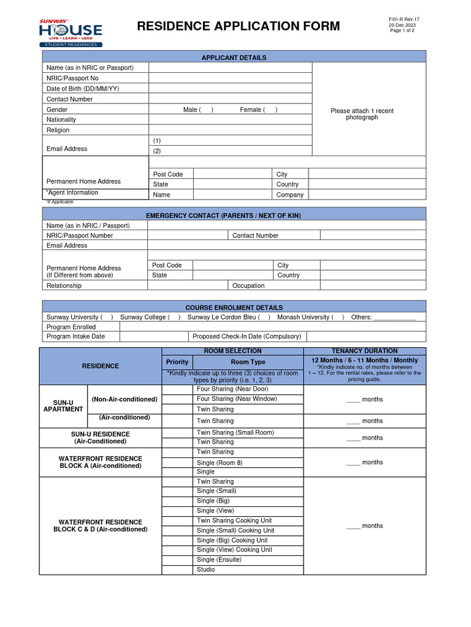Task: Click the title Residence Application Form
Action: point(238,26)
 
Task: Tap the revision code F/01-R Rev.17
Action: point(404,20)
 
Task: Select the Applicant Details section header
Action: point(234,58)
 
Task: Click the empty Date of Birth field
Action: point(230,89)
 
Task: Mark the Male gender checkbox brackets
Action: point(206,110)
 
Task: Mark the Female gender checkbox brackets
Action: point(270,110)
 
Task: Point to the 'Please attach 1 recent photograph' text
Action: point(362,114)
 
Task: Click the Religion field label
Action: point(58,130)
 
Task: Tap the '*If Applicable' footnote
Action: point(60,201)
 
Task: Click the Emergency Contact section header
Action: point(232,216)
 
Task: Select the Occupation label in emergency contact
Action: point(248,285)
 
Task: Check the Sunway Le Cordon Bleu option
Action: point(228,317)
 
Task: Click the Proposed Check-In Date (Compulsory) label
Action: point(247,336)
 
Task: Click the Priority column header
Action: point(177,362)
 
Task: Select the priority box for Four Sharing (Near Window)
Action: point(177,399)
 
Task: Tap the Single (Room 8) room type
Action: point(220,462)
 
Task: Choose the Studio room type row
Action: point(206,569)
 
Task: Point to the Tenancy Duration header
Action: point(364,351)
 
